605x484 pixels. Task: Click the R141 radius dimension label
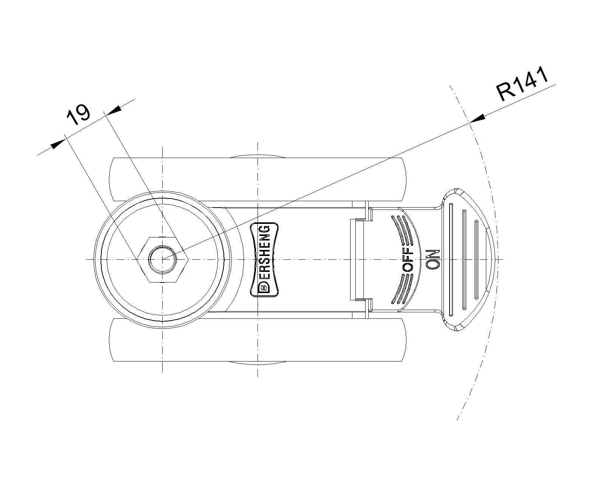[522, 84]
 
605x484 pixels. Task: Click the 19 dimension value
[78, 115]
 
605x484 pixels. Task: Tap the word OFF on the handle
[408, 259]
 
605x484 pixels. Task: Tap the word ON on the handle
[433, 259]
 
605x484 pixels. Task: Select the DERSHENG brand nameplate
[264, 259]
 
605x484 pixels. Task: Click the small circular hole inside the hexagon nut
[163, 259]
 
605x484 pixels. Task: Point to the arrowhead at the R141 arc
[478, 119]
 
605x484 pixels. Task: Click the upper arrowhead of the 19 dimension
[114, 110]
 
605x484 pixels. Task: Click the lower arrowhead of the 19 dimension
[58, 144]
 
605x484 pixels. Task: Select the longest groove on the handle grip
[451, 259]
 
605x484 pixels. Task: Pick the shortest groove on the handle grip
[476, 259]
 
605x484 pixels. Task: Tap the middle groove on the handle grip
[464, 259]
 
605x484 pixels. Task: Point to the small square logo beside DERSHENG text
[264, 288]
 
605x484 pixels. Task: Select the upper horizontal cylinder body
[258, 180]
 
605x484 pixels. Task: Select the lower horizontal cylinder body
[258, 340]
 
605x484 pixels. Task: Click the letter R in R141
[505, 91]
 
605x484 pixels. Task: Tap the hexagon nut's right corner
[188, 259]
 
